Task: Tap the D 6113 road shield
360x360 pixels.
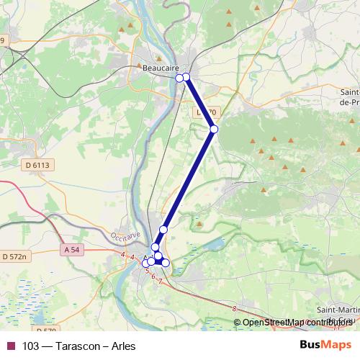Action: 41,165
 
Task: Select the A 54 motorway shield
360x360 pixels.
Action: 71,249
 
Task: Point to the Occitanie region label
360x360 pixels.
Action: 127,237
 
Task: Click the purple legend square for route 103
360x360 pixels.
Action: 10,346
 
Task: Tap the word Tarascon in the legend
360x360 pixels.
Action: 71,346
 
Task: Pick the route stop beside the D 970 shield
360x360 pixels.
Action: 214,129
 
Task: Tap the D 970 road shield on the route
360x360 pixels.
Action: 205,113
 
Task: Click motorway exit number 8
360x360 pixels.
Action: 235,309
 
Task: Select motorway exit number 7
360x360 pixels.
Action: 160,281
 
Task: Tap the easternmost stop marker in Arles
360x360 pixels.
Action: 166,263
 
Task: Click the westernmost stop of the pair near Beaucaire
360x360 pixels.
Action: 180,78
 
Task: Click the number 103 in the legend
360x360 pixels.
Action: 31,346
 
